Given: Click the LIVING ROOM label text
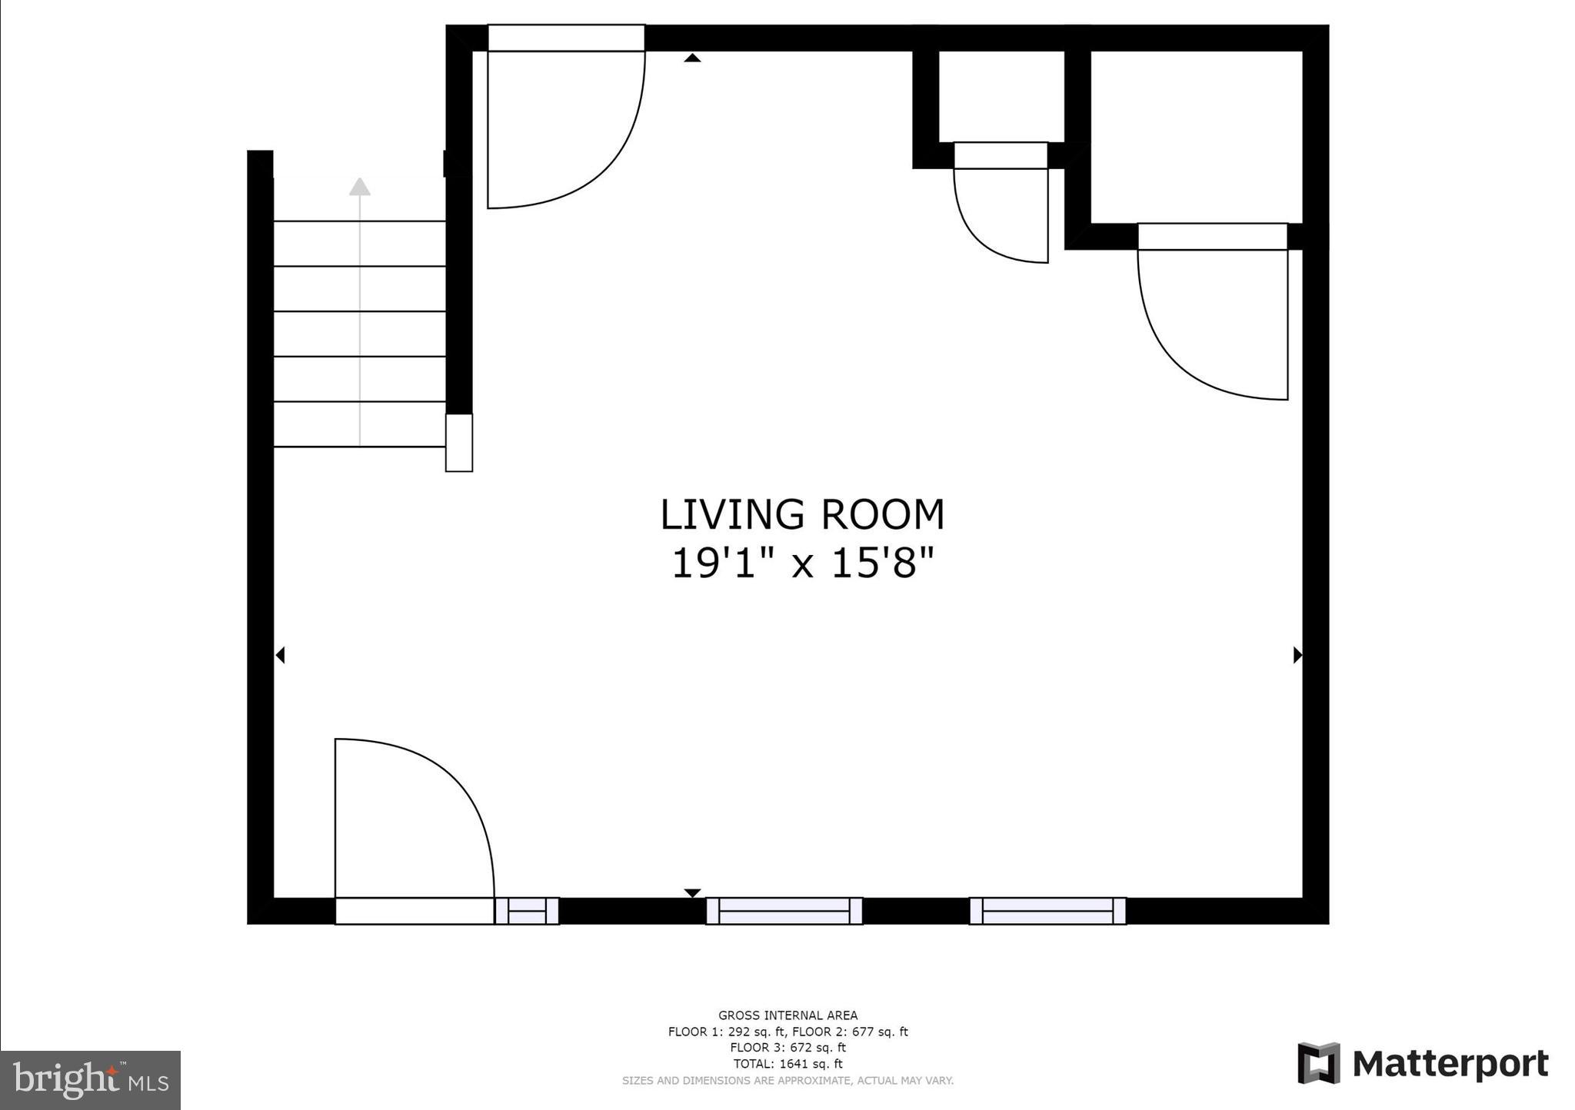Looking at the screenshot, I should (x=802, y=515).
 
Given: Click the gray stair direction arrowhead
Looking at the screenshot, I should (x=360, y=187).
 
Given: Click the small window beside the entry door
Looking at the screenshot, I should (x=527, y=911).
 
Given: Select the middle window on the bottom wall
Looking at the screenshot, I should (x=784, y=911).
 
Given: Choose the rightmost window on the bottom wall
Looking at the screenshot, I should (x=1047, y=911).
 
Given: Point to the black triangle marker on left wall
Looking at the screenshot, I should (x=281, y=655).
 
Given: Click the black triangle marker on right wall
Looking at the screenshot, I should (x=1297, y=655).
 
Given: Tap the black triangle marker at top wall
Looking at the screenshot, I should (x=693, y=58).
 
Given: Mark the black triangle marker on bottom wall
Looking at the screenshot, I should (x=693, y=892).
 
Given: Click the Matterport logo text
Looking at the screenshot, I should (x=1450, y=1065).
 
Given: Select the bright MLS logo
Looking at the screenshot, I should (x=90, y=1080).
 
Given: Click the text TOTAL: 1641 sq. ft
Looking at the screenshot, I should (x=787, y=1064).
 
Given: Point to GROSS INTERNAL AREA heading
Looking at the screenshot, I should (x=787, y=1015).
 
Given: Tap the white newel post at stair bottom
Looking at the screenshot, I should (x=459, y=443).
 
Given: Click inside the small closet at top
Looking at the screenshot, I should (x=1001, y=96).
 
